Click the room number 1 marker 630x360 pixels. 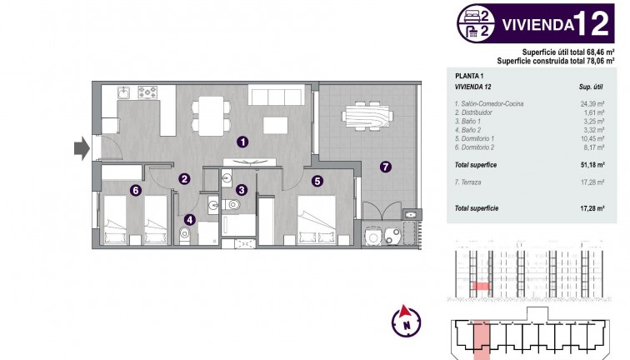[242, 142]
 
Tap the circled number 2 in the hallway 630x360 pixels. [184, 177]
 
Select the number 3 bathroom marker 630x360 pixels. [241, 190]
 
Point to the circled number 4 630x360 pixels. [190, 220]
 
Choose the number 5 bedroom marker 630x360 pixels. [317, 180]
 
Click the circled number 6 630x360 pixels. [135, 190]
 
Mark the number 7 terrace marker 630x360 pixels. [384, 166]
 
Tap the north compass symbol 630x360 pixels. [405, 319]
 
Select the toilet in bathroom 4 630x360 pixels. [186, 237]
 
